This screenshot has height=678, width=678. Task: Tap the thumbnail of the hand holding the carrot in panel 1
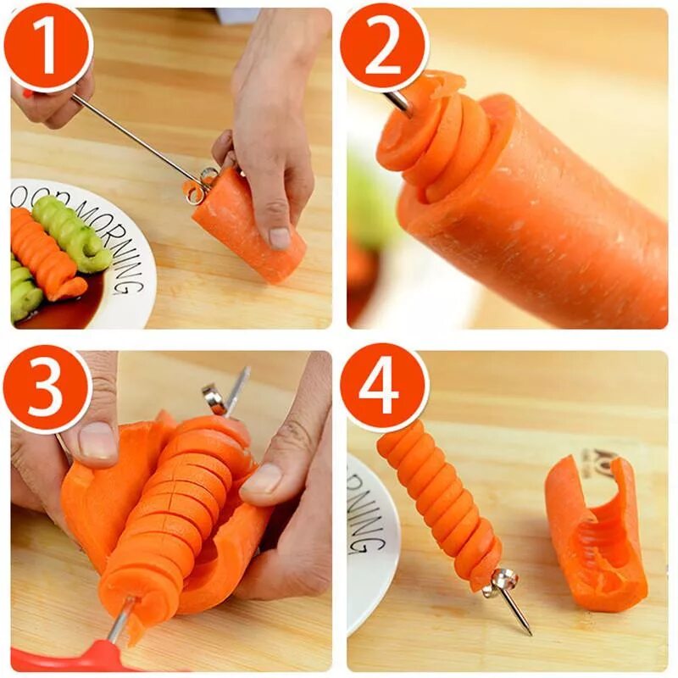[280, 237]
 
